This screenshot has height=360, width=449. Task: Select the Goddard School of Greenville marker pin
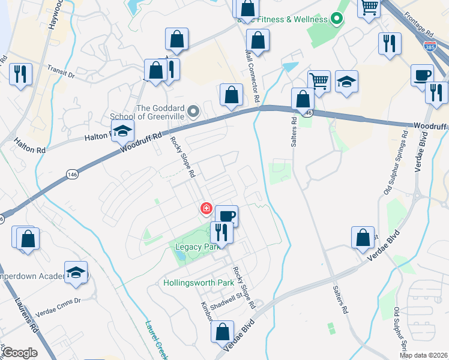193,112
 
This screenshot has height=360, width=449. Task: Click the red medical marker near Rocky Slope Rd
206,208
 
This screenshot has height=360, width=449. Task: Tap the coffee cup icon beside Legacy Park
226,215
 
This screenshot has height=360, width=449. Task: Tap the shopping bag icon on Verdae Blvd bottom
223,331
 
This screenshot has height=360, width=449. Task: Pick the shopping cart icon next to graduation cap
319,80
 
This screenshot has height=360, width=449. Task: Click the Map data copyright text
424,355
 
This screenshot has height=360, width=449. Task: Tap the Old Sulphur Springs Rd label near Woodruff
393,166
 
